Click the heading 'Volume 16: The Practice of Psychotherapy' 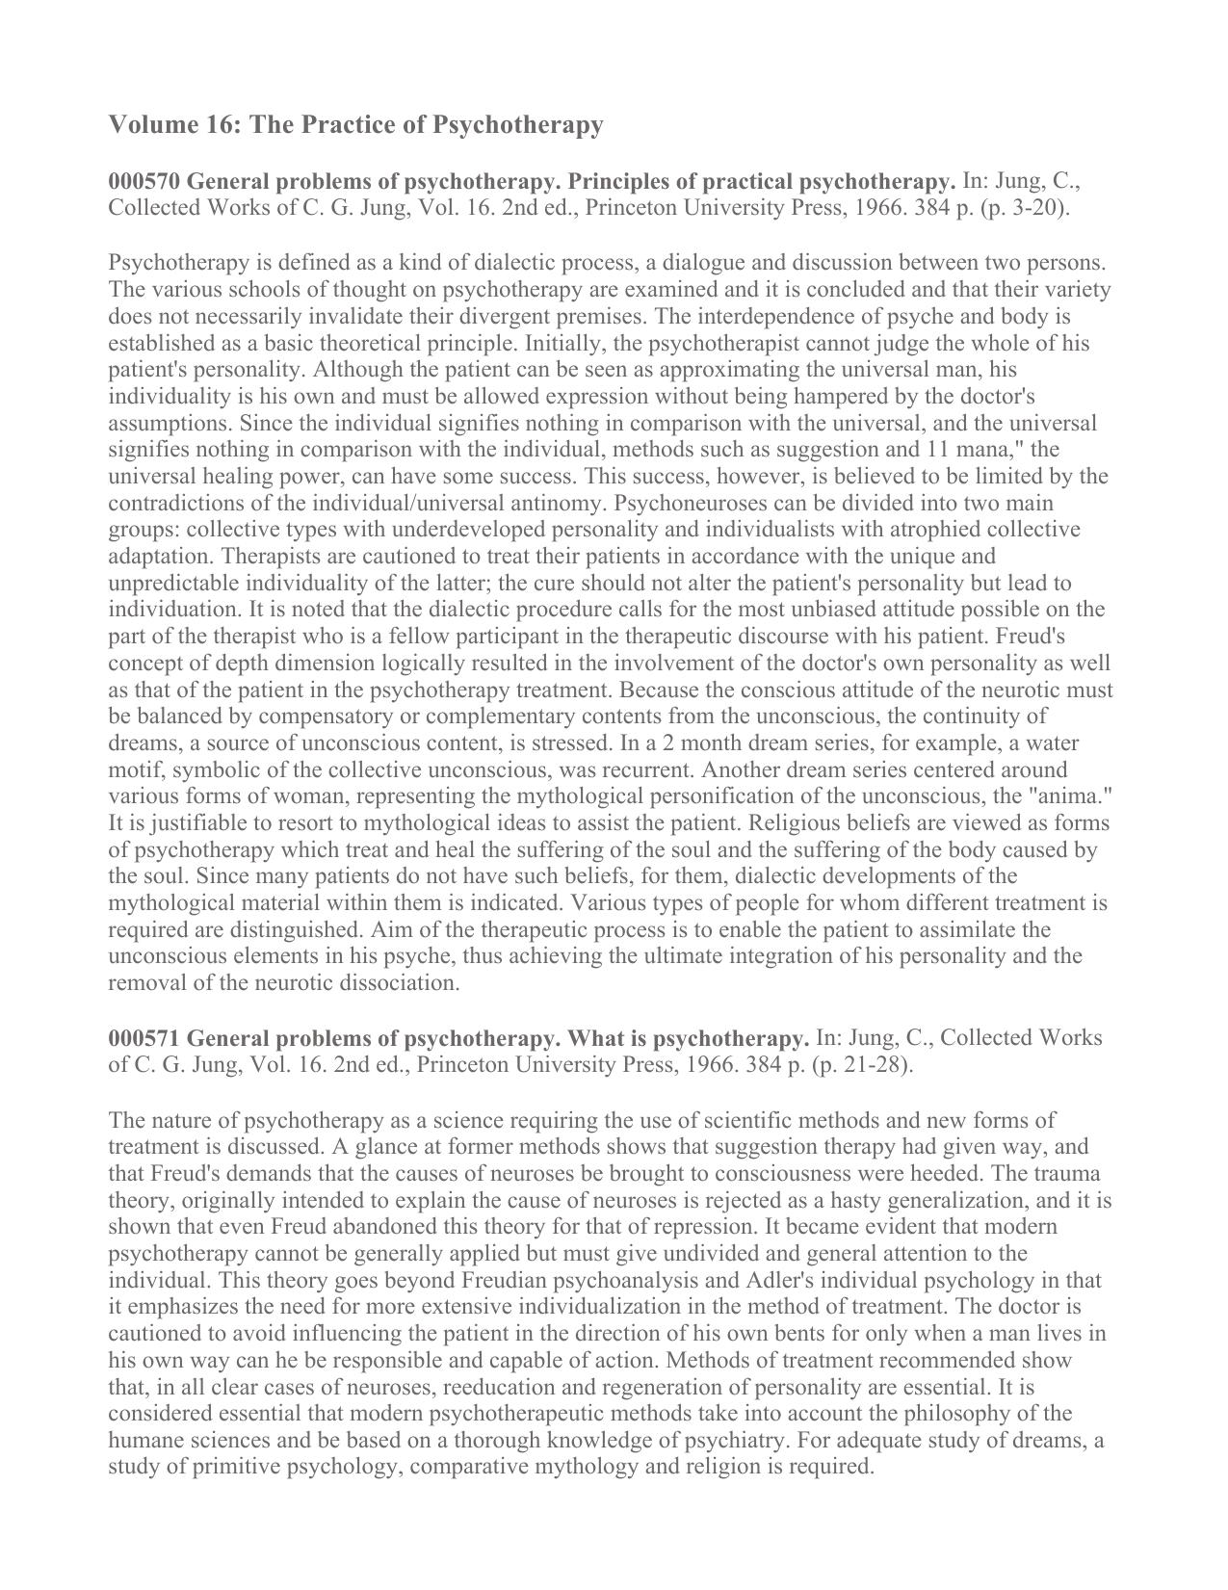click(x=355, y=125)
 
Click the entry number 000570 click(x=144, y=181)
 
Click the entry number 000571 click(x=144, y=1038)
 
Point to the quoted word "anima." click(x=1072, y=796)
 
